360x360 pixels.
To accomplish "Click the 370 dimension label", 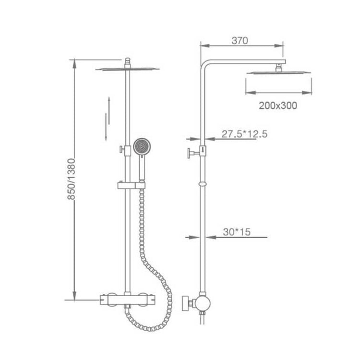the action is pos(240,41).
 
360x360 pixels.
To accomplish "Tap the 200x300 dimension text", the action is pos(278,106).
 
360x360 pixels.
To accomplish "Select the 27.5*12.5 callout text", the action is pos(244,134).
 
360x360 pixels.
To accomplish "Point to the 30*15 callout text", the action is pos(237,232).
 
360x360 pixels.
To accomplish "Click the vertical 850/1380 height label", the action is pos(72,179).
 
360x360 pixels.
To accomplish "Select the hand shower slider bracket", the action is pos(132,185).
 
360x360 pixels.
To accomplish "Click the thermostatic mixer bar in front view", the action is pos(128,300).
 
